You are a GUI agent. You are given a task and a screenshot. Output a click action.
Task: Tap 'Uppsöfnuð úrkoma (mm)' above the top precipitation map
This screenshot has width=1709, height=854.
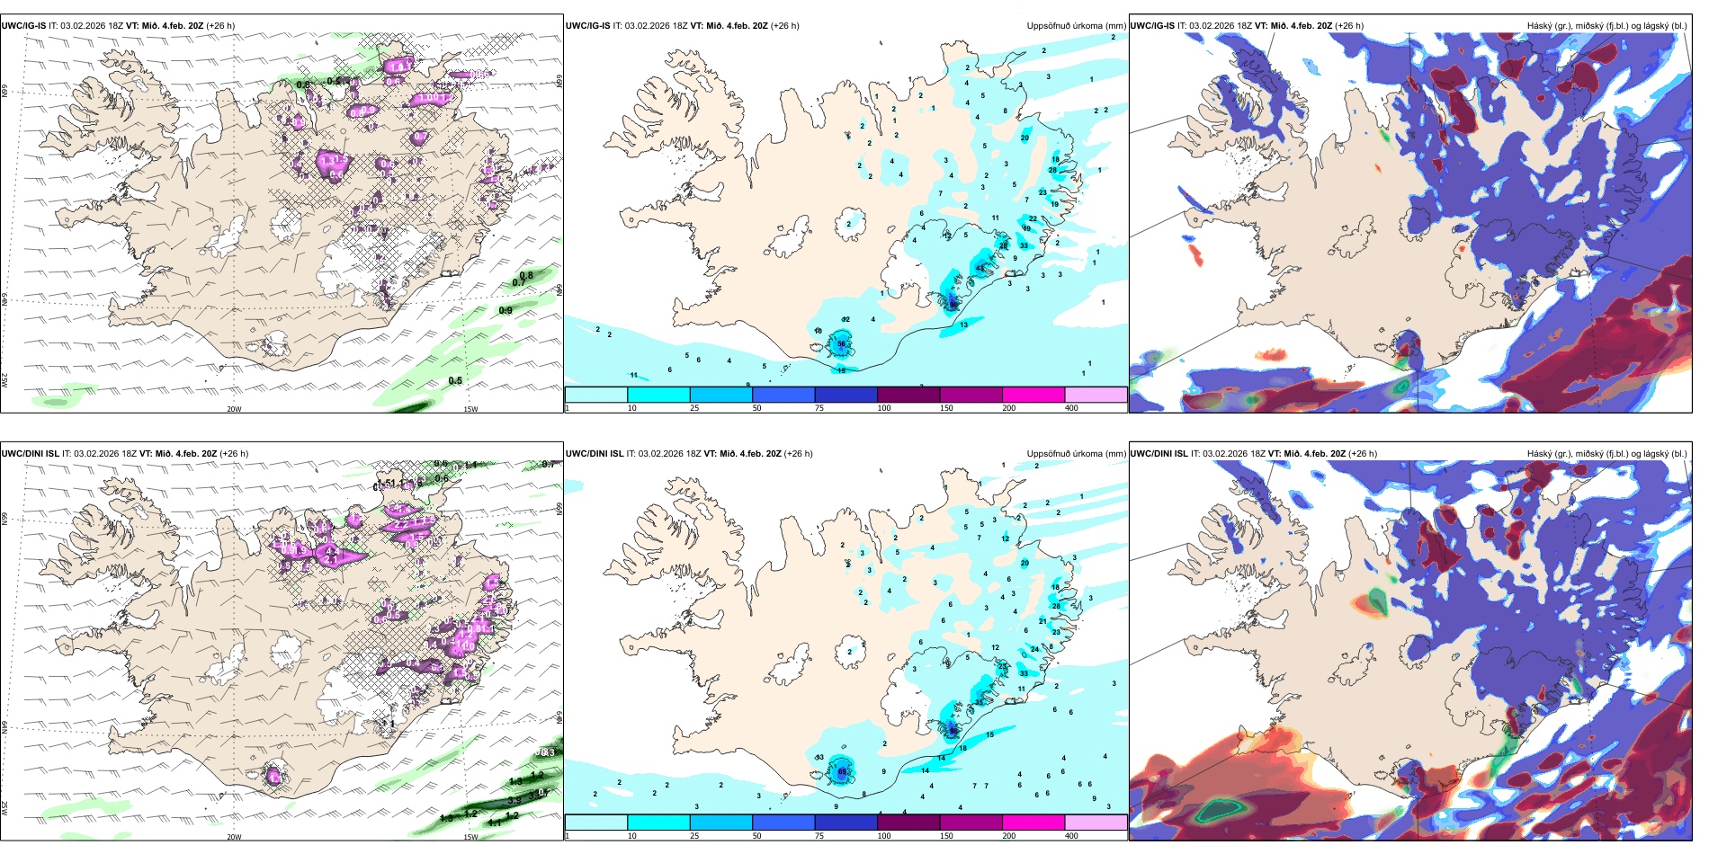pyautogui.click(x=1076, y=26)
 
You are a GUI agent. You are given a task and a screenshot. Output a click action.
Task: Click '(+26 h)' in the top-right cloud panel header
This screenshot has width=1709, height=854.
pyautogui.click(x=1349, y=26)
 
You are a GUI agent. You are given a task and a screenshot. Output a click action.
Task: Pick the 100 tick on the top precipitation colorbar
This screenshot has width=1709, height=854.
pyautogui.click(x=883, y=408)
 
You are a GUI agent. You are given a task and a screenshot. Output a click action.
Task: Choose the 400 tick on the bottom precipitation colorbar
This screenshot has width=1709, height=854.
pyautogui.click(x=1071, y=836)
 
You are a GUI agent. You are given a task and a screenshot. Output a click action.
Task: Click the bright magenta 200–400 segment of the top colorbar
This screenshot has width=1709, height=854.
pyautogui.click(x=1033, y=395)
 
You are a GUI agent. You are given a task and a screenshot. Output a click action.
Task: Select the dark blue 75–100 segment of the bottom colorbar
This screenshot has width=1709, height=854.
pyautogui.click(x=846, y=823)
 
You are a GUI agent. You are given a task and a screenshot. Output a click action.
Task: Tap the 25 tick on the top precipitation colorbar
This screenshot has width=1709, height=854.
pyautogui.click(x=694, y=408)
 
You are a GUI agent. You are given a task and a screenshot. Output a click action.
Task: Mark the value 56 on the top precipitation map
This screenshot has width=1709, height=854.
pyautogui.click(x=842, y=343)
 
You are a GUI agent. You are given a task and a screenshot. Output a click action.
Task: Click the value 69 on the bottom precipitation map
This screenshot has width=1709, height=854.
pyautogui.click(x=843, y=771)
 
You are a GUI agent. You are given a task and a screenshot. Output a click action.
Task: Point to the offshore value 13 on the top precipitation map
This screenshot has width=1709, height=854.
pyautogui.click(x=963, y=325)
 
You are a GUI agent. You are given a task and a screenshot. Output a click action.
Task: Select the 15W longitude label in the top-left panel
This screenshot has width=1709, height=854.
pyautogui.click(x=470, y=409)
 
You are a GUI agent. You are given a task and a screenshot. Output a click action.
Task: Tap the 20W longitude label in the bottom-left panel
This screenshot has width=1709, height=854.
pyautogui.click(x=234, y=837)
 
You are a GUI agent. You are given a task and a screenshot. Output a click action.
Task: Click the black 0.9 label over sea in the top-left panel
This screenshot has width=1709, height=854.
pyautogui.click(x=506, y=311)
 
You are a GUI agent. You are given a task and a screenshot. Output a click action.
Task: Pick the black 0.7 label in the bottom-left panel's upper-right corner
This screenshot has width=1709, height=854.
pyautogui.click(x=548, y=465)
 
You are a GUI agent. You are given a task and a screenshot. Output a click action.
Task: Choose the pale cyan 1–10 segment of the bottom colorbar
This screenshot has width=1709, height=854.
pyautogui.click(x=595, y=823)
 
